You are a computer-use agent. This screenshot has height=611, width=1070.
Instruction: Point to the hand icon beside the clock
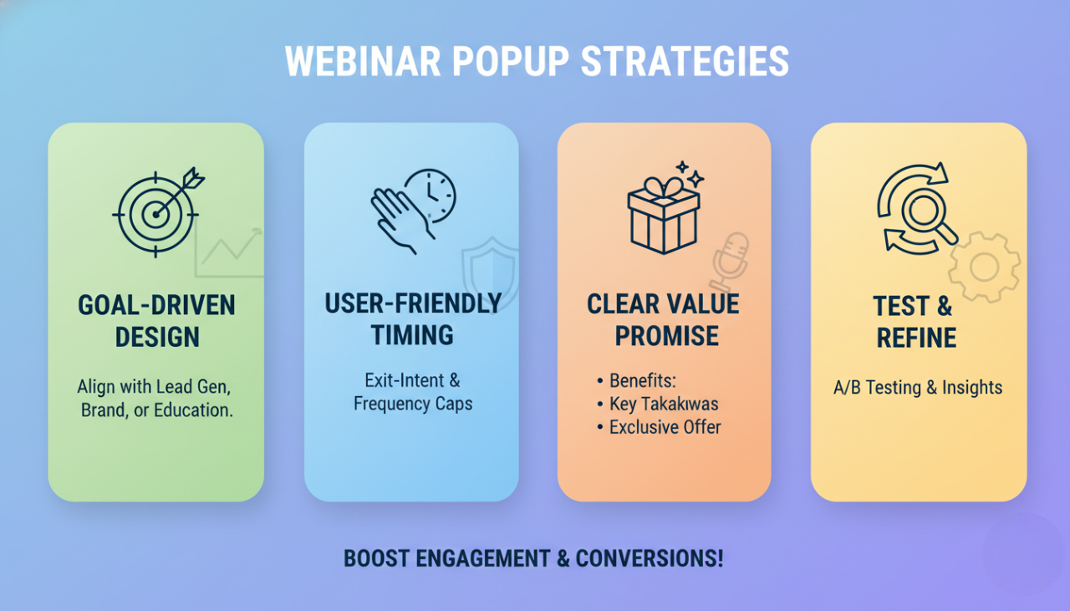click(x=394, y=219)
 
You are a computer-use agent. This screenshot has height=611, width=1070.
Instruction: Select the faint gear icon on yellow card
click(x=984, y=267)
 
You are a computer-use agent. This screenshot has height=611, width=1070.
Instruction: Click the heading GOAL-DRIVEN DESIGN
click(x=156, y=321)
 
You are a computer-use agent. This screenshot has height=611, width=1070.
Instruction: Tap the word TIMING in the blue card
click(x=412, y=335)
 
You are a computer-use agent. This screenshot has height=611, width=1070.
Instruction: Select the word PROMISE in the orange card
click(x=666, y=336)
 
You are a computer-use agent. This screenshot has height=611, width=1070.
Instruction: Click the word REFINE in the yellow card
click(x=915, y=338)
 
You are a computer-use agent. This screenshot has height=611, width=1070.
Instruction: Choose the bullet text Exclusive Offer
click(x=665, y=427)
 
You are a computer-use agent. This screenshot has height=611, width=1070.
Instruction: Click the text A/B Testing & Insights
click(x=918, y=387)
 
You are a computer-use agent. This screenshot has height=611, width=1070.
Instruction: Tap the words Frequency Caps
click(x=412, y=404)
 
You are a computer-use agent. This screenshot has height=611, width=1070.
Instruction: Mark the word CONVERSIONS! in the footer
click(x=650, y=558)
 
